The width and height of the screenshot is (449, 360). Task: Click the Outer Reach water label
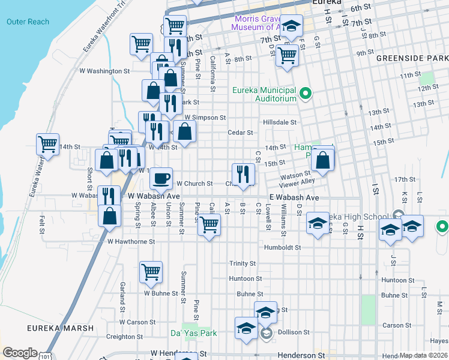pos(28,22)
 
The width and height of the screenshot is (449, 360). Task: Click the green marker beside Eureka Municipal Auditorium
pos(306,93)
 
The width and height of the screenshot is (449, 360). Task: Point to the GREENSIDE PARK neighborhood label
pos(412,59)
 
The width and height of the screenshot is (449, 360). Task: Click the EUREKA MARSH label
pos(61,328)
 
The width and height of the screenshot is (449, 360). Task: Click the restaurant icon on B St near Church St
pos(243,173)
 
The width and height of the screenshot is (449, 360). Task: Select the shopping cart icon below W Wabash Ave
pos(209,224)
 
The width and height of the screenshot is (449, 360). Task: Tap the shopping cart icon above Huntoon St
pos(151,271)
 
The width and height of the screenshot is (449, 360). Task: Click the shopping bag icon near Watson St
pos(323,159)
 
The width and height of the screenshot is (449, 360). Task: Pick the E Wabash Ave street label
pos(293,197)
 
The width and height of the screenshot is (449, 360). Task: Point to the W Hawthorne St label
pos(131,242)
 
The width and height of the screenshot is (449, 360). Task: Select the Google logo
pos(20,352)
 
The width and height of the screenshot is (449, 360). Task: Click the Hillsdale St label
pos(280,122)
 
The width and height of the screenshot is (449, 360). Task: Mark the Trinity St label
pos(243,263)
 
